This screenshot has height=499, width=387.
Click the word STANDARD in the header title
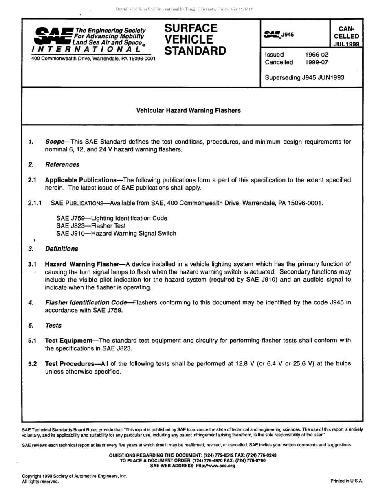[x=195, y=51]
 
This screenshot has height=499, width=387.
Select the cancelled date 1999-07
[x=317, y=62]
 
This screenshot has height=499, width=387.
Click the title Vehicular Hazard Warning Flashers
[x=188, y=110]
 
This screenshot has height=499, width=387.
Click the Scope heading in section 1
[x=55, y=142]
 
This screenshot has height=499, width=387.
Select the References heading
[x=62, y=165]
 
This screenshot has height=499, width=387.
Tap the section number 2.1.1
[x=35, y=203]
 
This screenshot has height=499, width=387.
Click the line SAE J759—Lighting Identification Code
[x=112, y=218]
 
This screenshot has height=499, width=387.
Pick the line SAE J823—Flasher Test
[x=91, y=226]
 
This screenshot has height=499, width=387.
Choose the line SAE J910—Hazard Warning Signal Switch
[x=116, y=234]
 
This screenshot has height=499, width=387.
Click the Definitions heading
[x=62, y=249]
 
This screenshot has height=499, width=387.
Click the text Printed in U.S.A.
[x=346, y=481]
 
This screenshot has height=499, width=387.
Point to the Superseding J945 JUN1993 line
[x=304, y=77]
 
